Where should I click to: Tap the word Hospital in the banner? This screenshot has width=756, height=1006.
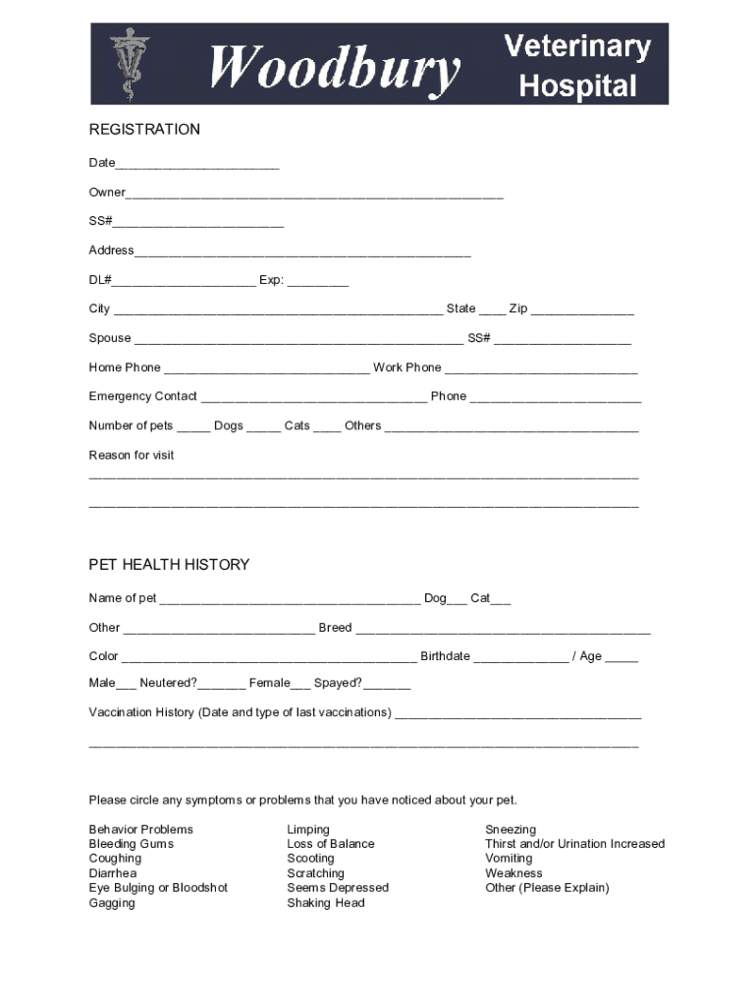click(577, 86)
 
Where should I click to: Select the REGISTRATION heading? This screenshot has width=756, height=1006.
click(144, 130)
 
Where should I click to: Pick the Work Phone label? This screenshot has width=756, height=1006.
click(407, 367)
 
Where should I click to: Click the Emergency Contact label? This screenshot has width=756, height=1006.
click(143, 397)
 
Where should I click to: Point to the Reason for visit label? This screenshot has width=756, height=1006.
click(132, 456)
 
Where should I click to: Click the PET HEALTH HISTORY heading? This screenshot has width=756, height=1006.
click(169, 565)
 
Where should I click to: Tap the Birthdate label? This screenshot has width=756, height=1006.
click(445, 656)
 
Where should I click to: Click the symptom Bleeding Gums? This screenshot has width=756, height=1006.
click(131, 844)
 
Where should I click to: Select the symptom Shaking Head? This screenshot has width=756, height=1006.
click(325, 903)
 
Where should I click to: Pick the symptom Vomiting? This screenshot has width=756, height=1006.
click(509, 859)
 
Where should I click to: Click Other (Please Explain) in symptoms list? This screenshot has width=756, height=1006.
click(547, 888)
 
